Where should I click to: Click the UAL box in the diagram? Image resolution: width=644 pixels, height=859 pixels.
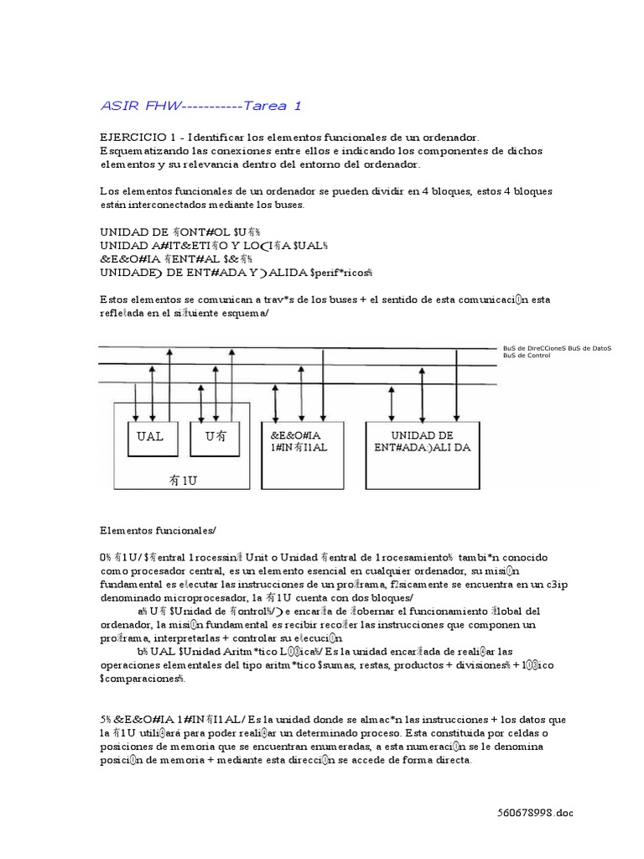pos(151,437)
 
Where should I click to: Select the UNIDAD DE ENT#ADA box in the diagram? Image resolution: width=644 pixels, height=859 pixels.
pos(423,441)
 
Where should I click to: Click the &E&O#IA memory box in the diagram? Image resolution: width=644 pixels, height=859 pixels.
pos(297,441)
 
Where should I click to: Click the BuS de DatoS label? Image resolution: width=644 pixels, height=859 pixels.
pos(590,346)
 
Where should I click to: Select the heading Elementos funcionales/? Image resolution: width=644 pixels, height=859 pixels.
pos(158,529)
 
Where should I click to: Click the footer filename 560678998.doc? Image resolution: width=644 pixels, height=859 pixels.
pos(535,813)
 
